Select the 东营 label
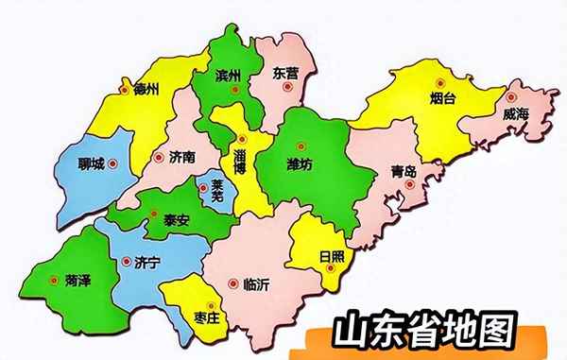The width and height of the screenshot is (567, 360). (x=284, y=73)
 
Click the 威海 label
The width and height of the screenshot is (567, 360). (x=518, y=112)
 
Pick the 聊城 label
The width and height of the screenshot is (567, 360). (x=91, y=163)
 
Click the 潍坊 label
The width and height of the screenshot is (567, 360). (x=299, y=165)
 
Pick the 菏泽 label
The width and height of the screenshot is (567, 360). (x=78, y=281)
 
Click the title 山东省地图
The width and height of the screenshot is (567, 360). (x=425, y=332)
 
